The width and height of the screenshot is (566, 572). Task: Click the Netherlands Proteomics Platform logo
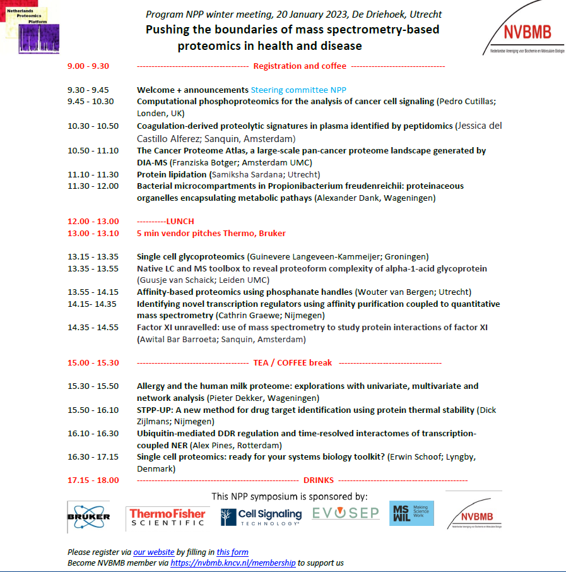[x=30, y=27]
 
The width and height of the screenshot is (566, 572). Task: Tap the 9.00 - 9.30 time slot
[x=88, y=66]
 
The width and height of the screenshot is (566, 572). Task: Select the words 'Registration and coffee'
[x=300, y=66]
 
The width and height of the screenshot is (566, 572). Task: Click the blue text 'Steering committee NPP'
[x=298, y=90]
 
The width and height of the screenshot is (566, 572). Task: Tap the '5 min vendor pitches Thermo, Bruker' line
[x=211, y=234]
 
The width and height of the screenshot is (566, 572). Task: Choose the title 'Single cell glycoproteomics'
[x=191, y=257]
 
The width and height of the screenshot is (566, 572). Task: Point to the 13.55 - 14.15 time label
[x=93, y=292]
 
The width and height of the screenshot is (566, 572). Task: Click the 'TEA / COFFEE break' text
[x=293, y=363]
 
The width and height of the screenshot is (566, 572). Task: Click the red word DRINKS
[x=319, y=480]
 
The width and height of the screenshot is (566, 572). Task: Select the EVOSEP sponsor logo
[x=345, y=513]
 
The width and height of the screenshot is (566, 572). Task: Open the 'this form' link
[x=232, y=552]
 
